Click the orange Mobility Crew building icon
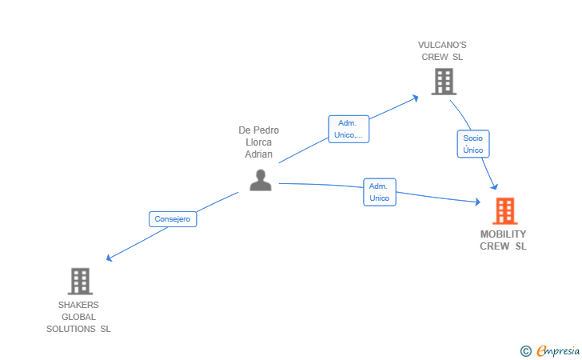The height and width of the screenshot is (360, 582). pos(504,210)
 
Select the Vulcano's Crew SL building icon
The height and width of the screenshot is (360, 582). pos(443,81)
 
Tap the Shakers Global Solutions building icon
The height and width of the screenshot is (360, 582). pos(80,281)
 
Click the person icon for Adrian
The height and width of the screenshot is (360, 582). pos(260,180)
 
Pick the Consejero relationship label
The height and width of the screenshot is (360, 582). pos(173,218)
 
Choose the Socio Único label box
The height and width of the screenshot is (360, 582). pos(472,144)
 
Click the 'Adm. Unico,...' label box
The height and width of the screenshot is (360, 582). pos(349,129)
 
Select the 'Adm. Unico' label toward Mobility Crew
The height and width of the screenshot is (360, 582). pos(379,192)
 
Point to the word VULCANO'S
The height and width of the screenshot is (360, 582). pos(442,45)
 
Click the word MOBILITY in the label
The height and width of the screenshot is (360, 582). pos(504,234)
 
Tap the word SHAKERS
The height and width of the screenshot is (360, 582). pos(78,305)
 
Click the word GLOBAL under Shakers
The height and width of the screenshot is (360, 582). pos(78,317)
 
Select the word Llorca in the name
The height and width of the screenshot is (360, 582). pos(258,142)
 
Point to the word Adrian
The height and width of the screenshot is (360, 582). pos(258,154)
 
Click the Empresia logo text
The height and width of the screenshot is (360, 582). pos(556,350)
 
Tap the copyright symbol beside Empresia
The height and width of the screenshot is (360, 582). pos(525,350)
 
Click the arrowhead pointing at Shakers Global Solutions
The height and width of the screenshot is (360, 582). pos(110,258)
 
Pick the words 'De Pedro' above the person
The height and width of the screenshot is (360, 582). pos(258,130)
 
